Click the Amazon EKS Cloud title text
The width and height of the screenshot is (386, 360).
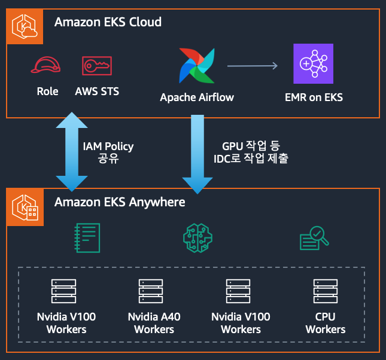coord(108,23)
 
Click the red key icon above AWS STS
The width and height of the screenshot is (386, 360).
coord(97,65)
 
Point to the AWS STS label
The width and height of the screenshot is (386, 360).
coord(97,91)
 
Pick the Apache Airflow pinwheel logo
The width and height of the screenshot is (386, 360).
coord(196,65)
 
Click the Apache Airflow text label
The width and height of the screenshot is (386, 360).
coord(197,97)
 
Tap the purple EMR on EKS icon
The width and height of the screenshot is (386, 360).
coord(313,63)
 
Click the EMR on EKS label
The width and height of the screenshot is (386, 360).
coord(314,97)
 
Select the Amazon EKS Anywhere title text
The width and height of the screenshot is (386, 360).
coord(120,202)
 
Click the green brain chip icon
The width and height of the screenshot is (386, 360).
coord(197,237)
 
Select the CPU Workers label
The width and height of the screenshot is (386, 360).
coord(325,323)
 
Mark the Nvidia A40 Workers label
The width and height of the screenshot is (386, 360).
coord(154,323)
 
